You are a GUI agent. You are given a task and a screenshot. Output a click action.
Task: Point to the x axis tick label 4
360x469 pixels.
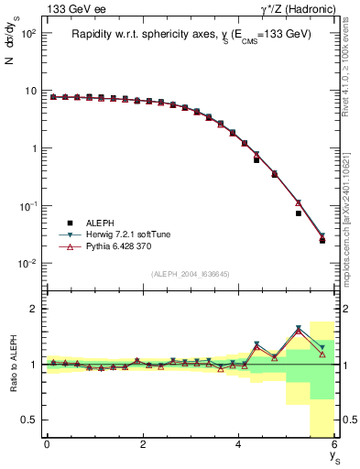point(239,445)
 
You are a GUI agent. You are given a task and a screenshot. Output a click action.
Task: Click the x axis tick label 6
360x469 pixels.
point(334,445)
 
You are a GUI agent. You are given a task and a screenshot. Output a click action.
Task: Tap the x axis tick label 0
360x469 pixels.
point(47,445)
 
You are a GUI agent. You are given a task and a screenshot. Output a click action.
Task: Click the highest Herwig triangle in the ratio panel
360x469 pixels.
point(299,328)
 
